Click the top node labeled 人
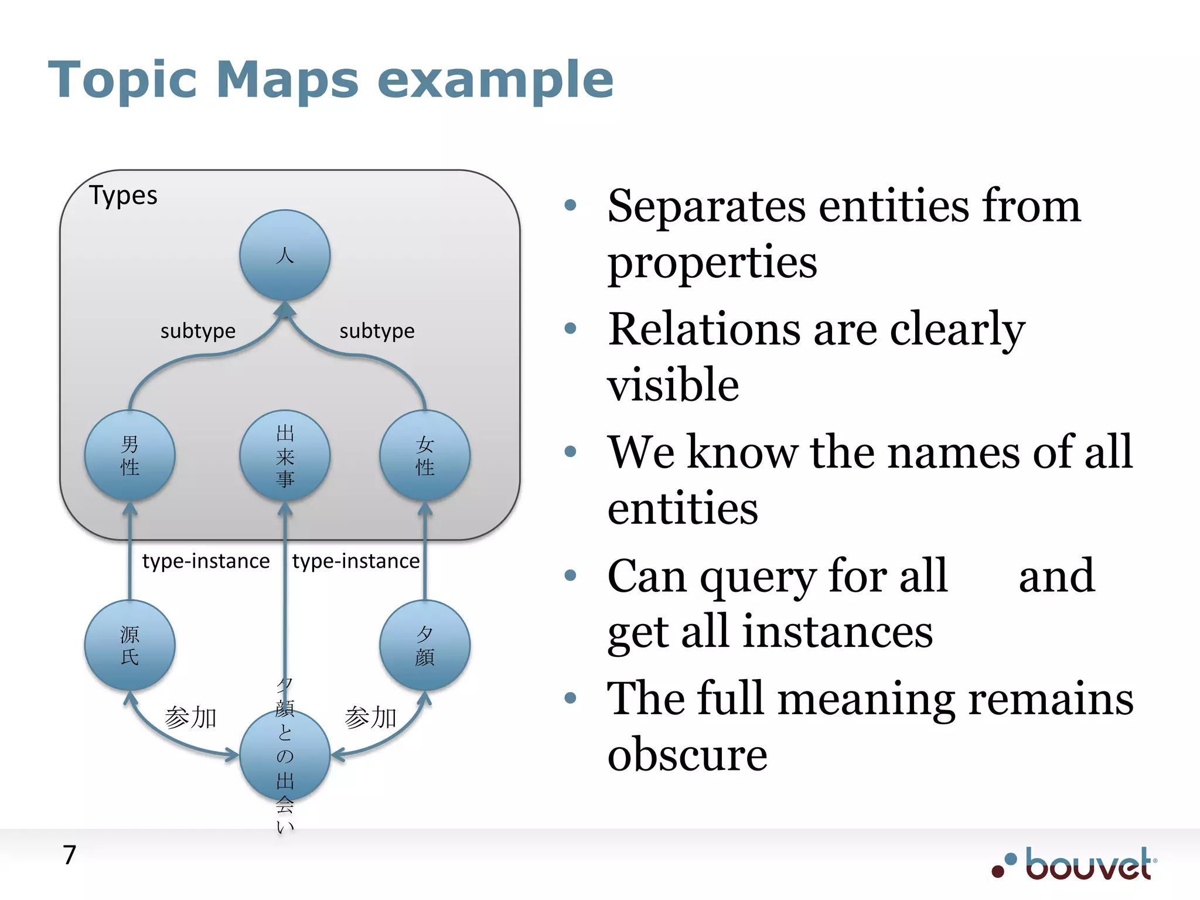coord(285,255)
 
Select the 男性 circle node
coord(129,455)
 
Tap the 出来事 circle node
coord(285,455)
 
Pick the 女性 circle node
coord(425,455)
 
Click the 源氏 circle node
coord(129,645)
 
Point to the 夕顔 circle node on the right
coord(425,645)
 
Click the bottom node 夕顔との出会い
coord(285,756)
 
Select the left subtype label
coord(198,331)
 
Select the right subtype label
coord(377,331)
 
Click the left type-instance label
coord(206,561)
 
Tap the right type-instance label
coord(356,561)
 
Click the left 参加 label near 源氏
coord(190,718)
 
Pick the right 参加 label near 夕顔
coord(371,718)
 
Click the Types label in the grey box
coord(123,196)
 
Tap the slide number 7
coord(70,855)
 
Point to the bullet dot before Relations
coord(570,328)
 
